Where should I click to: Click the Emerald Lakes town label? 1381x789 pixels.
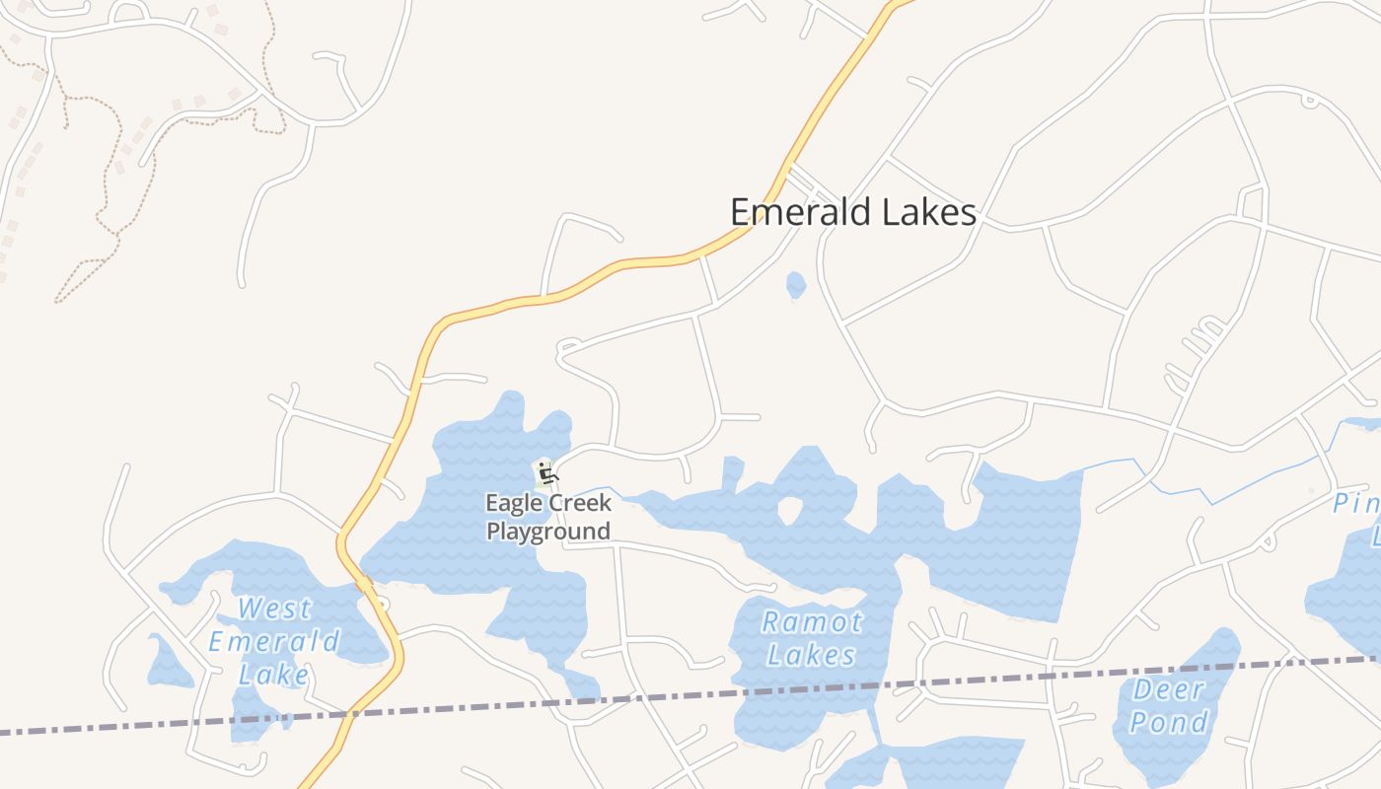(853, 212)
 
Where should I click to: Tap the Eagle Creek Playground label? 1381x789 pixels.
(548, 517)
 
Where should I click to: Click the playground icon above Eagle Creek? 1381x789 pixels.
(546, 474)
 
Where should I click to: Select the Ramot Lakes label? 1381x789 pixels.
(812, 638)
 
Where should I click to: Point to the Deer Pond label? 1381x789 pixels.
(1169, 706)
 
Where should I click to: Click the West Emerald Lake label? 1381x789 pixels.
(274, 641)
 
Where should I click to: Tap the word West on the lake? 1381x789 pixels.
(275, 609)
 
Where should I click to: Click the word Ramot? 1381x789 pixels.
(812, 622)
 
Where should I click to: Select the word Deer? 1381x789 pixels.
(1169, 689)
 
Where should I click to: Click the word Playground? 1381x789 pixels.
(548, 532)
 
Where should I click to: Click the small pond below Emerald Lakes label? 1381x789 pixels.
(796, 285)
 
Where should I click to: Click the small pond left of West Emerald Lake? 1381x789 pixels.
(168, 663)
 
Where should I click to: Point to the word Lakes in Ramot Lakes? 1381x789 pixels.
(812, 655)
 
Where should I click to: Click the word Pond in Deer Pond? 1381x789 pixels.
(1169, 723)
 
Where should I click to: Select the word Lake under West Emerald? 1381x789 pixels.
(274, 675)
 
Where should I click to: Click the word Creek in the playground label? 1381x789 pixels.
(579, 503)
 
